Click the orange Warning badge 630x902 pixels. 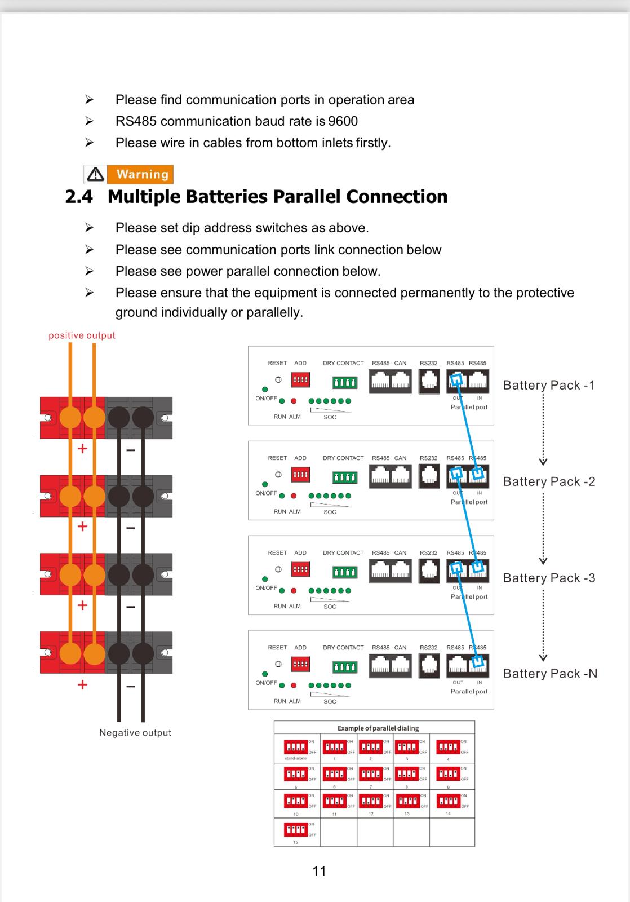[x=142, y=174]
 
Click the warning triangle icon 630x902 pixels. [x=96, y=174]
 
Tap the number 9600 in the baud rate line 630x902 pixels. [x=343, y=121]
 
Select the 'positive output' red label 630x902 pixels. [x=82, y=335]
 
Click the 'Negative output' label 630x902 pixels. [x=135, y=733]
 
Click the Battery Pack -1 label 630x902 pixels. [x=549, y=386]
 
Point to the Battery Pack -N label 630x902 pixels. [x=550, y=674]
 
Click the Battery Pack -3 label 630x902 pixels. [x=549, y=578]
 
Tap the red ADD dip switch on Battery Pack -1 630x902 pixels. [x=300, y=380]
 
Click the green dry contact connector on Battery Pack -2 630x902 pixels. [x=344, y=478]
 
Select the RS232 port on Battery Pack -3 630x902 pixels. [x=429, y=571]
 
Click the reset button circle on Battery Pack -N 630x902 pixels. [x=278, y=664]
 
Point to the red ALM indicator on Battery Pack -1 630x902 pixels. [x=294, y=401]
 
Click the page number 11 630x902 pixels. [x=319, y=871]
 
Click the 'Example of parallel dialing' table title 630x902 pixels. [x=378, y=728]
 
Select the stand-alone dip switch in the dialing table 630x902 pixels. [x=295, y=748]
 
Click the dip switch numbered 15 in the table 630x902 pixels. [x=295, y=830]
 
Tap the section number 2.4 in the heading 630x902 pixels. [x=79, y=197]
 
